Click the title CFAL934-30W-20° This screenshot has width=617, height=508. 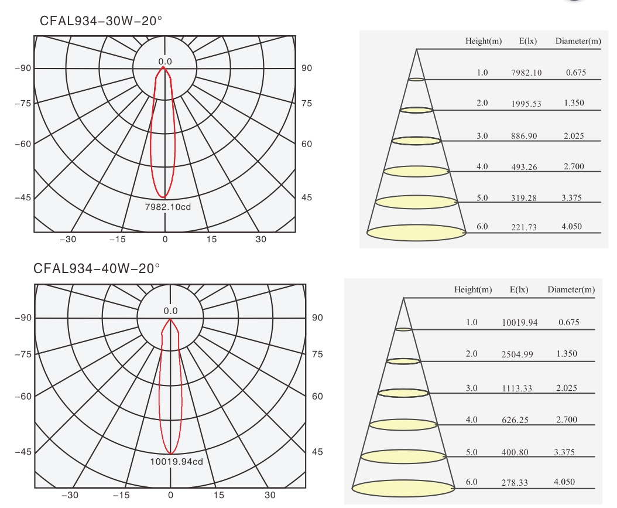[x=101, y=21]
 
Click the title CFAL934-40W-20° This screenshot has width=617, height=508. [x=97, y=268]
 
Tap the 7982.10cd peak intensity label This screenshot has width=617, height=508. [x=168, y=207]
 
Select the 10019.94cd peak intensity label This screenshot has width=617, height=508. [x=177, y=462]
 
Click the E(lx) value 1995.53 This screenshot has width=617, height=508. [x=526, y=104]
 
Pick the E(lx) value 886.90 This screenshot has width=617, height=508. [x=524, y=136]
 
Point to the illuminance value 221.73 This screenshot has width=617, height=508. [x=524, y=227]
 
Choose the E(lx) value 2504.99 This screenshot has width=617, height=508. [x=517, y=354]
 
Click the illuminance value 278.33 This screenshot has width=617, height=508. [x=515, y=483]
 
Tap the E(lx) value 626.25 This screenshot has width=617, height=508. [x=515, y=420]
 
